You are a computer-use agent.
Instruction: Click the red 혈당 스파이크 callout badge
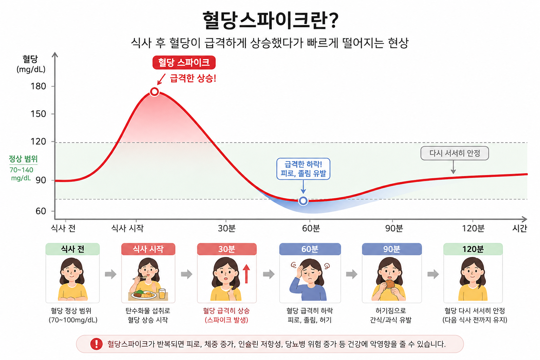coord(184,63)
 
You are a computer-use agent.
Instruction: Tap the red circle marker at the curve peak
coord(155,92)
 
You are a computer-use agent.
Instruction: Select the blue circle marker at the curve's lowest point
coord(303,201)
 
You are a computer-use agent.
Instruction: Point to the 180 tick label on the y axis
coord(38,86)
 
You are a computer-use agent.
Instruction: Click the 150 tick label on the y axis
coord(38,114)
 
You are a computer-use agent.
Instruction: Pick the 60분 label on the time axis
coord(311,228)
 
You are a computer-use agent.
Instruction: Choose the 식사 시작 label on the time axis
coord(127,228)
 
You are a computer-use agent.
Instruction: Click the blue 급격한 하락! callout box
coord(303,169)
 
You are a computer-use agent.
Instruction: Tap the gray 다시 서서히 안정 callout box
coord(455,153)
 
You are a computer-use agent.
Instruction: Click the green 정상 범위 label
coord(23,159)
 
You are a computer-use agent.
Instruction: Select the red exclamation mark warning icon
coord(96,344)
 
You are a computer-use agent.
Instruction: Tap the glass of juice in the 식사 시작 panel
coord(162,294)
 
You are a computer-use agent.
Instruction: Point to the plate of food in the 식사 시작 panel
coord(144,295)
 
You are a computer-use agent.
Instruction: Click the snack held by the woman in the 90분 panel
coord(390,284)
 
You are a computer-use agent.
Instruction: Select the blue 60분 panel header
coord(310,249)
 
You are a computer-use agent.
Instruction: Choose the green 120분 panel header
coord(473,249)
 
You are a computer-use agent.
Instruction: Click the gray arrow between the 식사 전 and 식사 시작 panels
coord(111,274)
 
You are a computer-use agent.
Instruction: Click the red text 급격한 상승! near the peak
coord(193,78)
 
